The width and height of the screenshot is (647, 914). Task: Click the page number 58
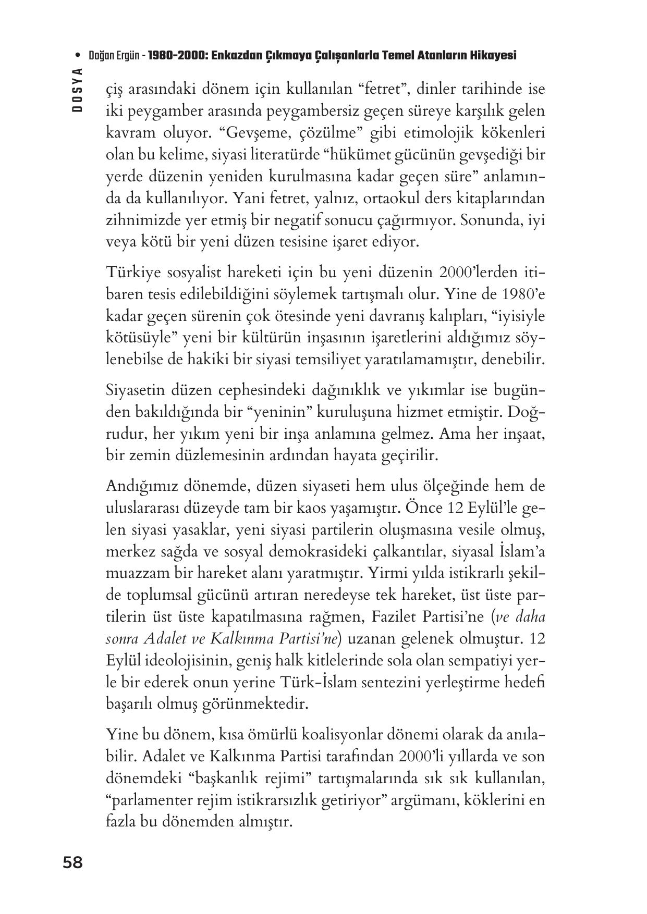72,863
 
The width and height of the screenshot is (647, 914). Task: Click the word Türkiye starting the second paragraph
133,272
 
